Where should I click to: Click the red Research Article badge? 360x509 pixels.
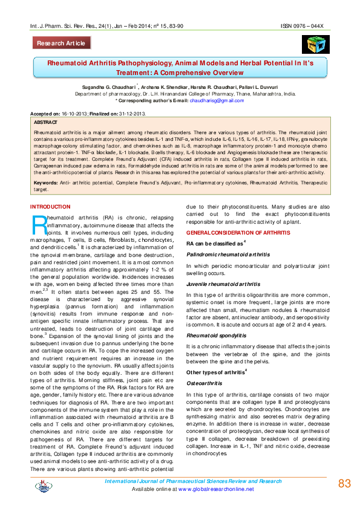click(x=62, y=44)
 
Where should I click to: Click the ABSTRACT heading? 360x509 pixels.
click(x=47, y=122)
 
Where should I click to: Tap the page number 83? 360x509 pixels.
click(x=344, y=484)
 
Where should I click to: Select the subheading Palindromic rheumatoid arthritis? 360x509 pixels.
click(x=228, y=255)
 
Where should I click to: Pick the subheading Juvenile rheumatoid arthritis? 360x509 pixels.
click(x=223, y=284)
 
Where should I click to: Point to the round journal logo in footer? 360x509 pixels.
click(x=43, y=484)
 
